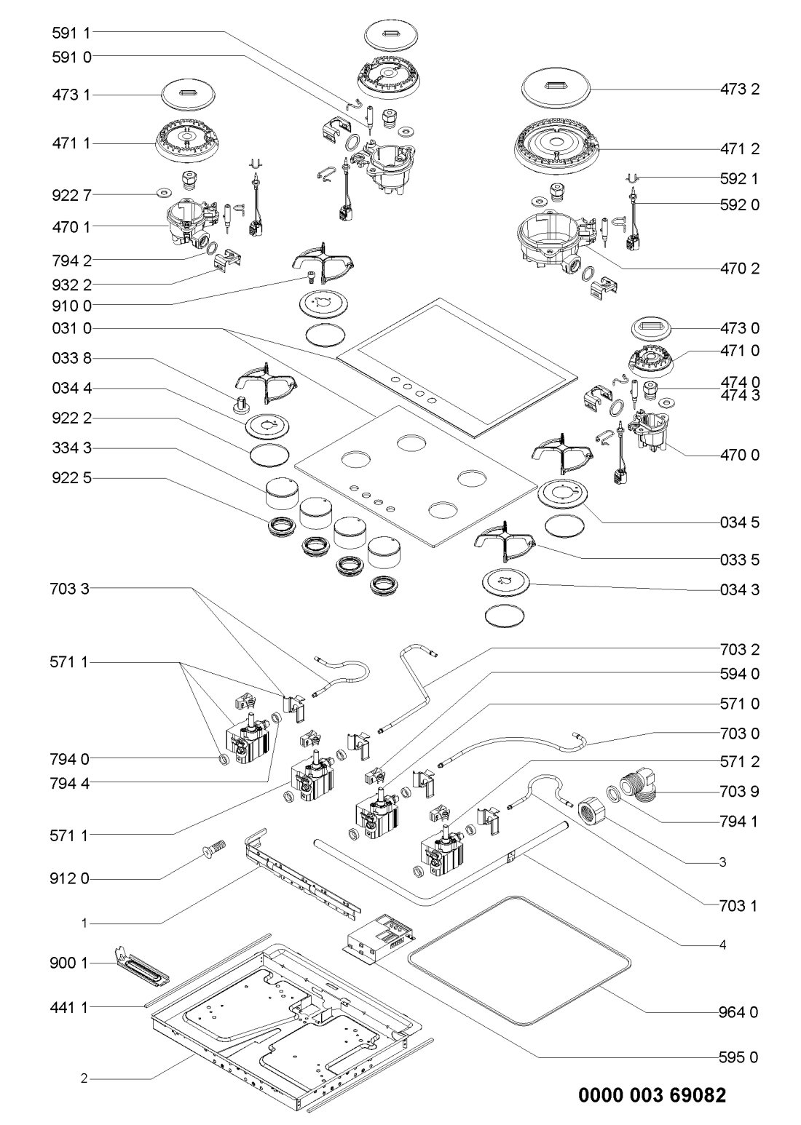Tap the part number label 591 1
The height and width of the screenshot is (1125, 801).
[x=71, y=32]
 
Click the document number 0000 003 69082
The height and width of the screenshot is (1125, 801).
[x=652, y=1095]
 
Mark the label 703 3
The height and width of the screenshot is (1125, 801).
[x=71, y=587]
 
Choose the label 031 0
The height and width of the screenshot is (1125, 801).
[x=71, y=329]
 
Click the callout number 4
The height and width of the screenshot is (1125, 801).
[x=722, y=946]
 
